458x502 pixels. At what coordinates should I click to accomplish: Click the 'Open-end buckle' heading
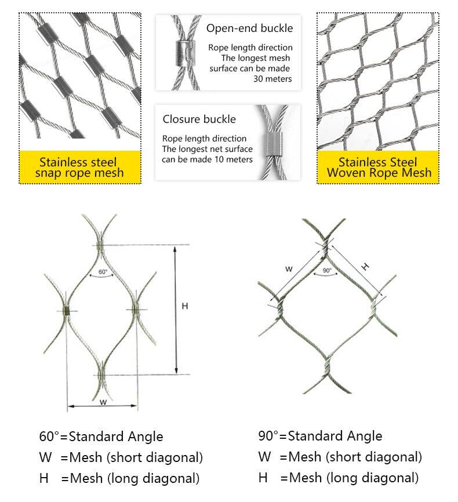pyautogui.click(x=250, y=28)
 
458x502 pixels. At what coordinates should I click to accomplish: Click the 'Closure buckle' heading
pyautogui.click(x=199, y=119)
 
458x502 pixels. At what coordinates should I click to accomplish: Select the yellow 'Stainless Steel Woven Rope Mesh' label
pyautogui.click(x=377, y=168)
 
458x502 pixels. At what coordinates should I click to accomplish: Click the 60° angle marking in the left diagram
pyautogui.click(x=103, y=271)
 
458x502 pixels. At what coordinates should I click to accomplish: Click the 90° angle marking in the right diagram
pyautogui.click(x=326, y=271)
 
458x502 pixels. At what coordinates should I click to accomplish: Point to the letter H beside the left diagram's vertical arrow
pyautogui.click(x=185, y=305)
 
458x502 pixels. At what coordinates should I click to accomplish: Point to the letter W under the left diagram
pyautogui.click(x=103, y=401)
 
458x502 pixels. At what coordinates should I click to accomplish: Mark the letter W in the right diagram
pyautogui.click(x=289, y=268)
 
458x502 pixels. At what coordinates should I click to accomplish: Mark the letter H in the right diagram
pyautogui.click(x=365, y=267)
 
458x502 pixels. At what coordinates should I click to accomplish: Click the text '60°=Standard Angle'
pyautogui.click(x=101, y=436)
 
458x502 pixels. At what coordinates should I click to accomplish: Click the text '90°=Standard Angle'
pyautogui.click(x=320, y=436)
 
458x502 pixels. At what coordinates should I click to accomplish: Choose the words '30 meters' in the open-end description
pyautogui.click(x=272, y=79)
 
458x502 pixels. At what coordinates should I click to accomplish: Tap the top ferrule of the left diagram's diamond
pyautogui.click(x=101, y=246)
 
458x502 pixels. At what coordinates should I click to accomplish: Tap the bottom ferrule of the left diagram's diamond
pyautogui.click(x=101, y=375)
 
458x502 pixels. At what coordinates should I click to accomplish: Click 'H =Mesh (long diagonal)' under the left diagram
pyautogui.click(x=119, y=478)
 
